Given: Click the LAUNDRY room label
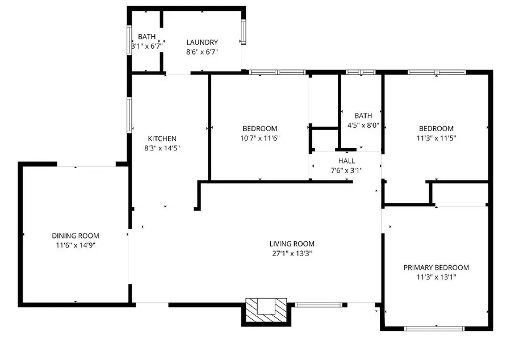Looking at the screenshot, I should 202,42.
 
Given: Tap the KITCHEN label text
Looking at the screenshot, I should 162,139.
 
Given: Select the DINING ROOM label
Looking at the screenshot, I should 76,236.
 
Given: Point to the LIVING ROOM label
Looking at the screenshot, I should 292,244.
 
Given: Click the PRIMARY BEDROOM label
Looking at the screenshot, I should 436,267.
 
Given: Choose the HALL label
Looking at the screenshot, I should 346,161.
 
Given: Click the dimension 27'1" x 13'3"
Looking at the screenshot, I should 292,254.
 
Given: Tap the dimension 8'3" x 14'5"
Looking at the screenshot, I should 162,148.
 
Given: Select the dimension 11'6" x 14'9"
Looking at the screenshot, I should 76,245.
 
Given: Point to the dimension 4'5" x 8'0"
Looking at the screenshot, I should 363,125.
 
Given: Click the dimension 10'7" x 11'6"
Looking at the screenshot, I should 260,138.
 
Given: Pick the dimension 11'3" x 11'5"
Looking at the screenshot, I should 436,138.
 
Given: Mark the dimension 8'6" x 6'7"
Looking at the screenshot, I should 202,52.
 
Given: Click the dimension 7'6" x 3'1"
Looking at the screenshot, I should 346,170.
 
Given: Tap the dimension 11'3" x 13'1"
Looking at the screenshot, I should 436,277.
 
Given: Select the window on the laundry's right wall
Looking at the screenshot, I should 243,32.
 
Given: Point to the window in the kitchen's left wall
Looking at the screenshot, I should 129,115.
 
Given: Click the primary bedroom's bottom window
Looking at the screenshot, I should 434,328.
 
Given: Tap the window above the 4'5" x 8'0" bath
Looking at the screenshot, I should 361,72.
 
